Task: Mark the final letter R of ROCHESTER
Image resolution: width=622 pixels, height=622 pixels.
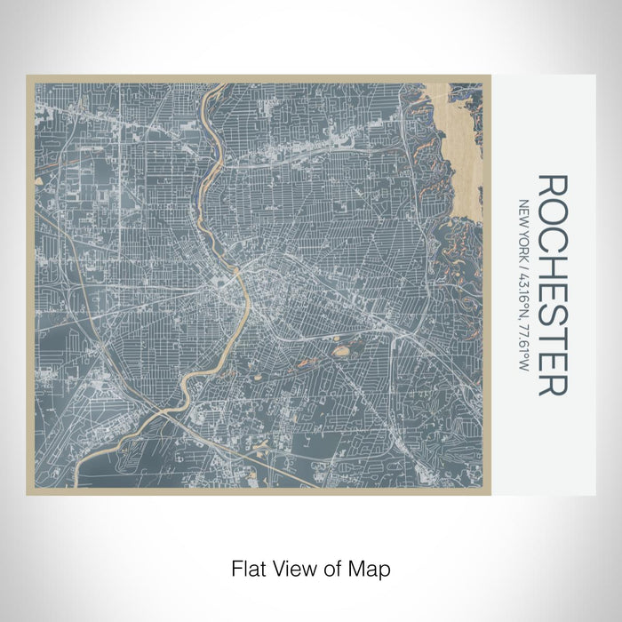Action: (553, 382)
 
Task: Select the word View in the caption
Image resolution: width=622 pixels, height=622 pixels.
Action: (294, 568)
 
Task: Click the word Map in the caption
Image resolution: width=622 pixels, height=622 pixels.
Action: (371, 568)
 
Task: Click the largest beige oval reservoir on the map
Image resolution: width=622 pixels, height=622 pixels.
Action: (340, 351)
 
